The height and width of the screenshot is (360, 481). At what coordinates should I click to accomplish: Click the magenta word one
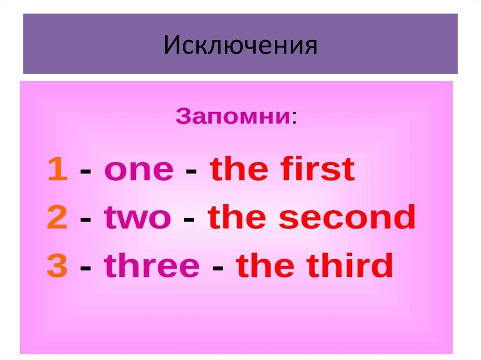click(139, 170)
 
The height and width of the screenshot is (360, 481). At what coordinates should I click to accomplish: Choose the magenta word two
click(138, 218)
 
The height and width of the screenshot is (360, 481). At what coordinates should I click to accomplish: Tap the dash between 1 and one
click(86, 172)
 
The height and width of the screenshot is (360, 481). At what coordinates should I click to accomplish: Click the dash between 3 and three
click(86, 268)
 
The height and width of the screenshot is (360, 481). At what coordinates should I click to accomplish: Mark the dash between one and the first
click(191, 172)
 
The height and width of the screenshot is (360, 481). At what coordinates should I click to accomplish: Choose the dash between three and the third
click(217, 268)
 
